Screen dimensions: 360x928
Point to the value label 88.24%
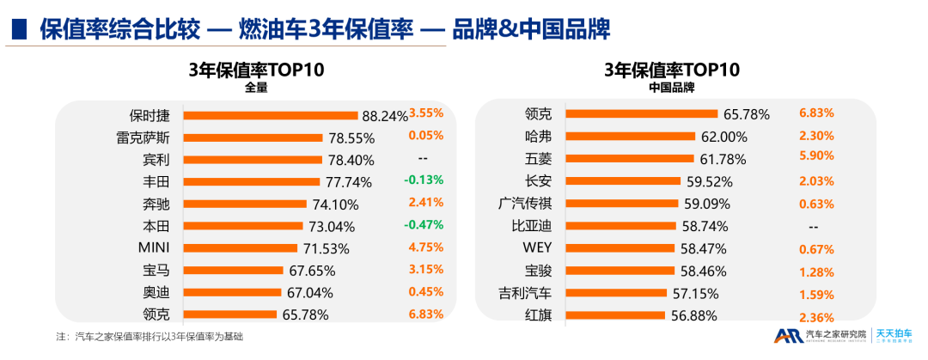click(x=385, y=115)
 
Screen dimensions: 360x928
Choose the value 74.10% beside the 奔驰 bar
click(x=333, y=204)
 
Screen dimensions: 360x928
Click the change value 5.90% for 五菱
click(x=816, y=157)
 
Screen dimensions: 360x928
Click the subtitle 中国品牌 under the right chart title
click(x=671, y=87)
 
